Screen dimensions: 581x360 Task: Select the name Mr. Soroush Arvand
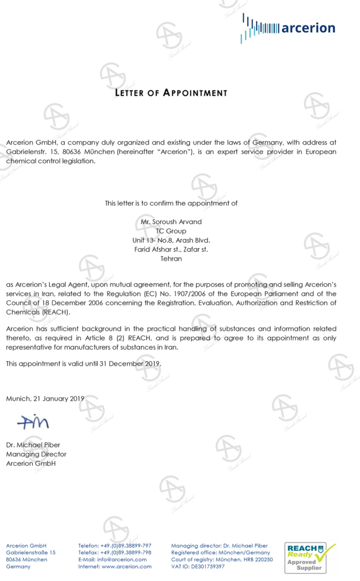[171, 222]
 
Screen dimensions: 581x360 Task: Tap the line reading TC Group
[171, 231]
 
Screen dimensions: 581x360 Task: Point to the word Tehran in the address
[171, 258]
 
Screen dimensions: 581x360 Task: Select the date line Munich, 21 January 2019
[45, 398]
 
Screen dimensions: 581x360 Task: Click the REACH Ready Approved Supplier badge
[310, 557]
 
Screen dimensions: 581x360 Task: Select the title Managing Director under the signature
[36, 454]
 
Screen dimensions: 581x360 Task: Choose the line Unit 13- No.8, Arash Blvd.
[171, 240]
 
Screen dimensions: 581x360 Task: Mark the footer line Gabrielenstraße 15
[30, 553]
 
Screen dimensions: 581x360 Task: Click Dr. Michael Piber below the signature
[33, 445]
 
